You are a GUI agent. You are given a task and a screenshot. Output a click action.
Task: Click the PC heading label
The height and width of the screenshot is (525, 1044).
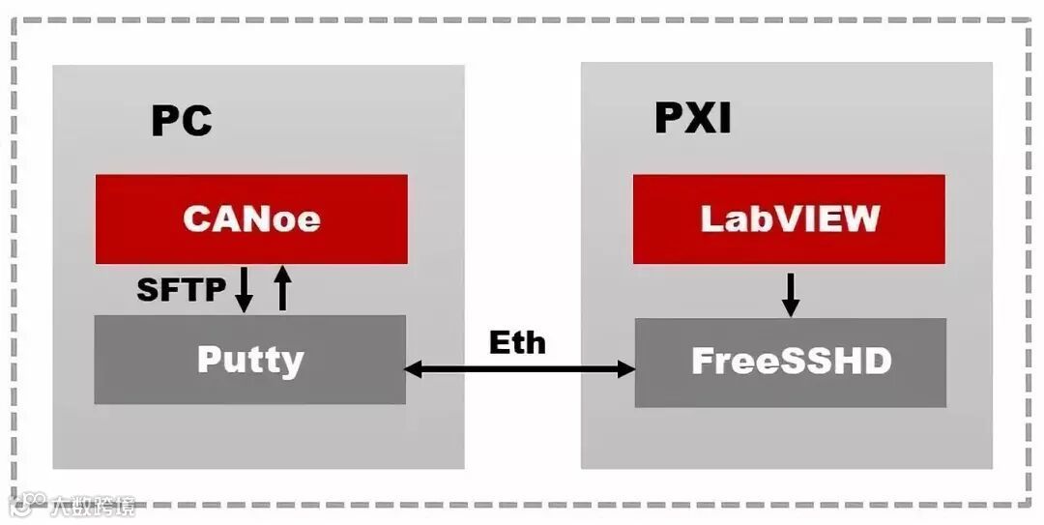[x=181, y=121]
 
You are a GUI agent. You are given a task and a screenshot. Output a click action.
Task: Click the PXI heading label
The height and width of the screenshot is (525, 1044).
[x=692, y=118]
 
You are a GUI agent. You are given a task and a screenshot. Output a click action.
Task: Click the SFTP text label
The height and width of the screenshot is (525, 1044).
[x=181, y=288]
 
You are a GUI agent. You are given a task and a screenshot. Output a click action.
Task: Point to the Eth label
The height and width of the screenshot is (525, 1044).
[x=517, y=342]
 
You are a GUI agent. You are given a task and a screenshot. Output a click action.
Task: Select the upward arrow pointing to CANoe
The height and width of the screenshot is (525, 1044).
[x=282, y=288]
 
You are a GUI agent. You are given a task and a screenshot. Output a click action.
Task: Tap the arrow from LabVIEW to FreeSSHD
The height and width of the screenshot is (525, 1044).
[x=790, y=294]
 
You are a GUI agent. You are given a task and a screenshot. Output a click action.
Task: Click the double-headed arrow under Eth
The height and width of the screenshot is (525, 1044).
[x=519, y=368]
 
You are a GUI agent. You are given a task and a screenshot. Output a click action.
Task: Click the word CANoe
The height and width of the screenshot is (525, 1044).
[x=251, y=219]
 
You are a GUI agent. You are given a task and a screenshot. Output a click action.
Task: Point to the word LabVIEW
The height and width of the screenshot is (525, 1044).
[x=789, y=219]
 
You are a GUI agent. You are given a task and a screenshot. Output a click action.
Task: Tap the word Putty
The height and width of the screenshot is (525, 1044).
[x=250, y=360]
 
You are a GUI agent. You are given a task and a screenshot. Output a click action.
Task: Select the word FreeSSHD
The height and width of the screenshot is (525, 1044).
[x=791, y=362]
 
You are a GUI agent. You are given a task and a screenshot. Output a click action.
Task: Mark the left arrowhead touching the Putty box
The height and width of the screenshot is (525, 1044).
[x=413, y=368]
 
